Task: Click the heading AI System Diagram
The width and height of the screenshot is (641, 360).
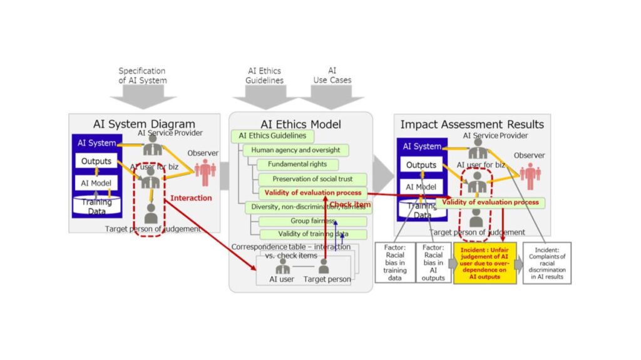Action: [144, 124]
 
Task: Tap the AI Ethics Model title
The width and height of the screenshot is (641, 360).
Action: [300, 124]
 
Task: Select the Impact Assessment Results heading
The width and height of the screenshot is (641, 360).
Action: [472, 124]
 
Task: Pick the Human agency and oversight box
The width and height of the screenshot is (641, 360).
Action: [295, 150]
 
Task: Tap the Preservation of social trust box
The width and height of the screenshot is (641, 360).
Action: [310, 179]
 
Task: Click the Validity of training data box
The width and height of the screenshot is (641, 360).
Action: [312, 235]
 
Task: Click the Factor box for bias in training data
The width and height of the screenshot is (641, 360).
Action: [395, 263]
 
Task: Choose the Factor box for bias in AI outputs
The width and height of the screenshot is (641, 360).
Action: [434, 263]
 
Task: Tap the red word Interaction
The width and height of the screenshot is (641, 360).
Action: [191, 198]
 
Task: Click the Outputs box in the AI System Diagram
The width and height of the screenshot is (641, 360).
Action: [96, 162]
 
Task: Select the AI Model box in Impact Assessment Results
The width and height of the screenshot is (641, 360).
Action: [421, 187]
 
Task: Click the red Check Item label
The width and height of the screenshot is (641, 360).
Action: [351, 205]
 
